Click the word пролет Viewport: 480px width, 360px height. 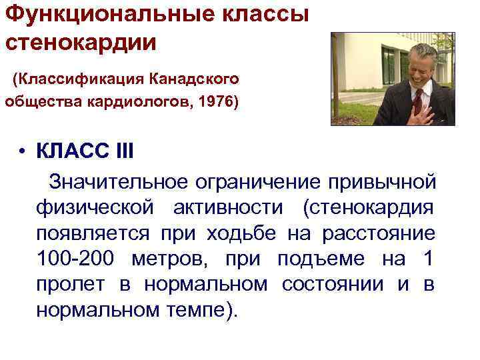tap(70, 285)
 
